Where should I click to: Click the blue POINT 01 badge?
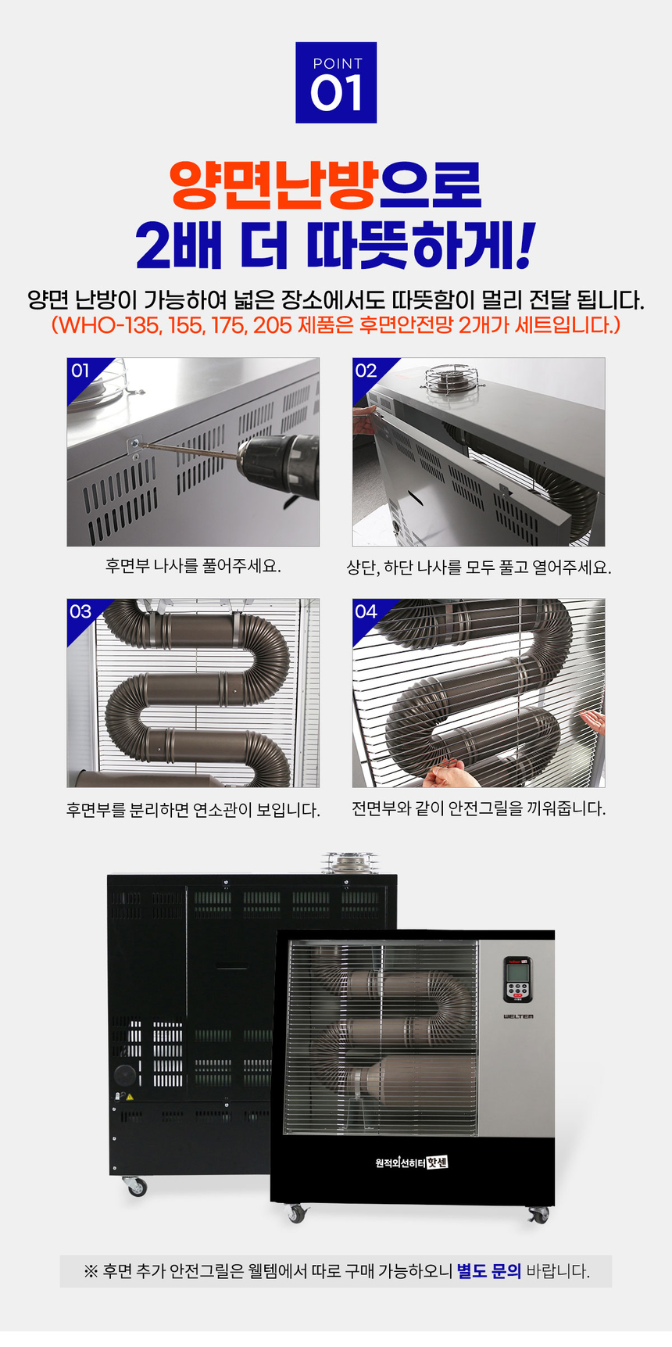(x=336, y=83)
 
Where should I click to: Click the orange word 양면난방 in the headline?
(x=274, y=185)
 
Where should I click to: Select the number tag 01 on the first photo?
(x=80, y=371)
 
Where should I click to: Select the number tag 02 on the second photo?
(x=366, y=371)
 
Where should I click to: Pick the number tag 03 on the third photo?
(x=80, y=611)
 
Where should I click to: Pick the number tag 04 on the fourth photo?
(x=366, y=611)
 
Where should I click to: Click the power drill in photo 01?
(x=277, y=468)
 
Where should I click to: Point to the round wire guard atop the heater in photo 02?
(x=451, y=378)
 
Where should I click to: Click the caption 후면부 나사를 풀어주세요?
(x=193, y=565)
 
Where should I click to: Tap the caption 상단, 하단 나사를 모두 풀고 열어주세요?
(x=478, y=567)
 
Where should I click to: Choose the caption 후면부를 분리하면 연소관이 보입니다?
(x=193, y=810)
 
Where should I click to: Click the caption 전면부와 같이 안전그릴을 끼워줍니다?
(x=478, y=808)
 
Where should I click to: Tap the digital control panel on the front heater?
(x=517, y=980)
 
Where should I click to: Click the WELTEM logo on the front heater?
(x=518, y=1016)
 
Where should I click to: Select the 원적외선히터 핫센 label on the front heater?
(x=411, y=1163)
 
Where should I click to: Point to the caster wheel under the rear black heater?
(x=136, y=1186)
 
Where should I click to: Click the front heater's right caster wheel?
(x=538, y=1215)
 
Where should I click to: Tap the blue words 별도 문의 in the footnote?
(x=488, y=1271)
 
